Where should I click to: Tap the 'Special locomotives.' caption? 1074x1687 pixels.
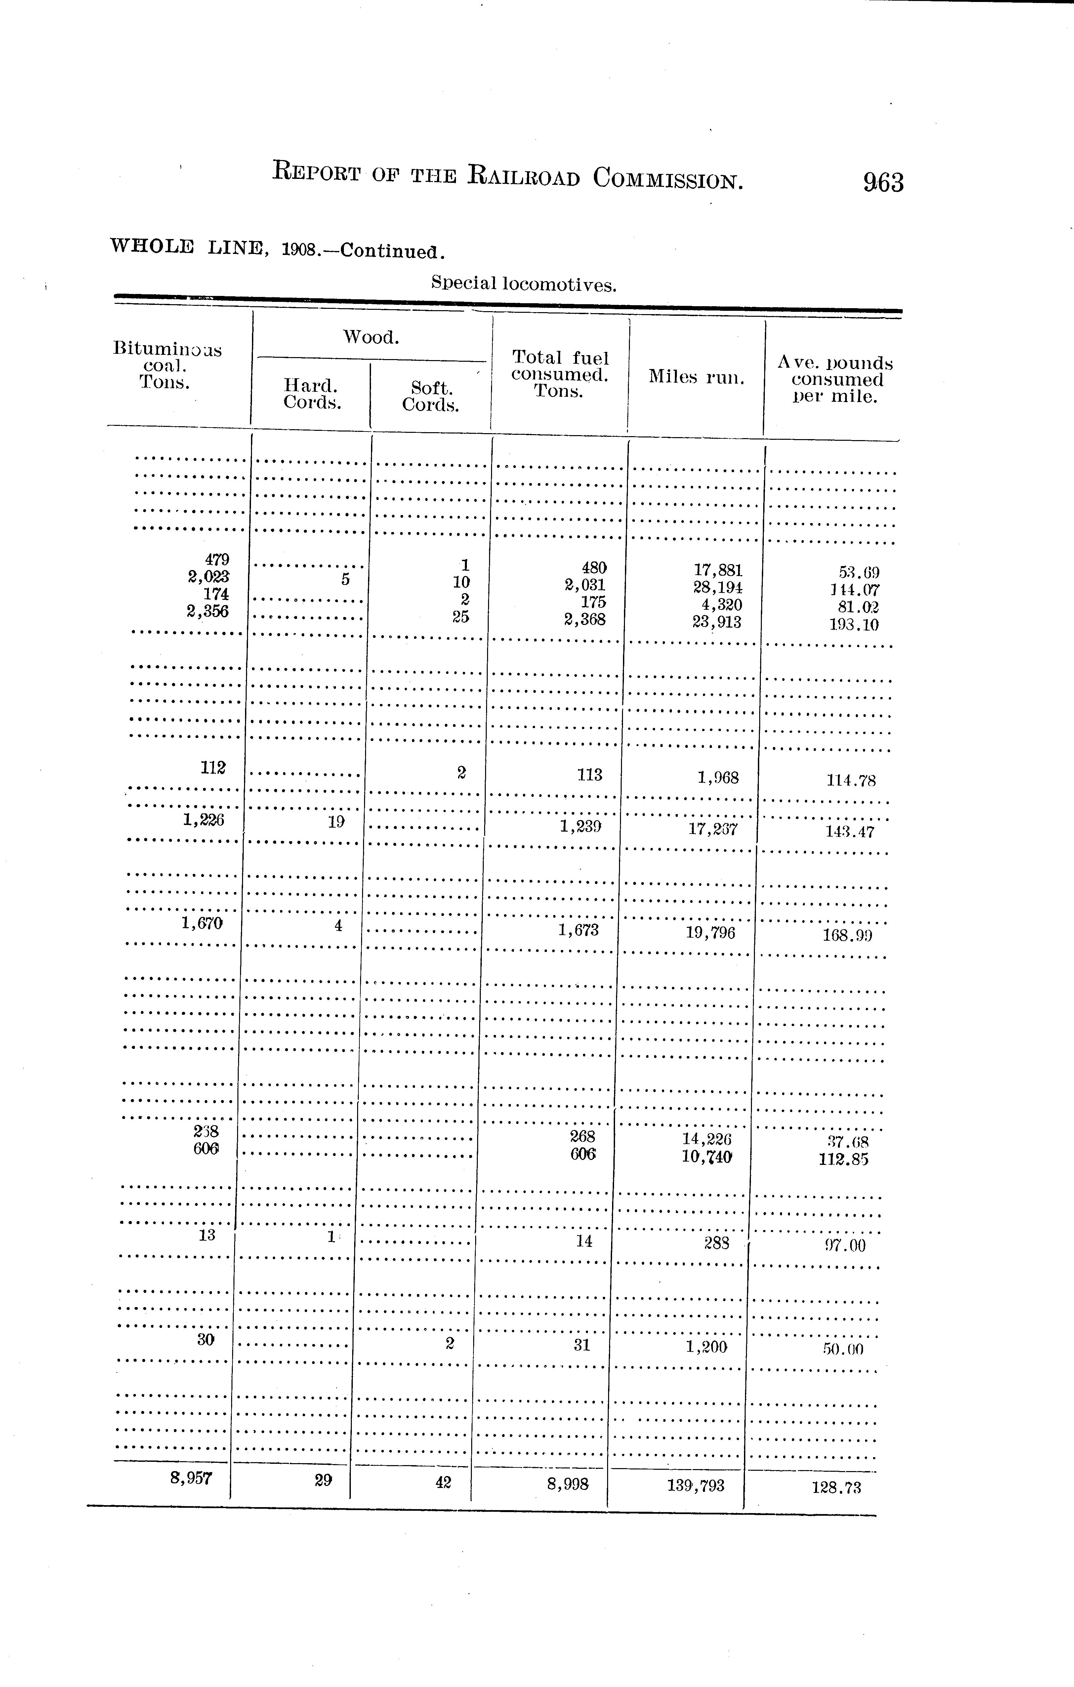[523, 284]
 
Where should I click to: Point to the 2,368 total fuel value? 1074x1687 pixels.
[584, 619]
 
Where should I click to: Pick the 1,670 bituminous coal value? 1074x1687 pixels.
[202, 924]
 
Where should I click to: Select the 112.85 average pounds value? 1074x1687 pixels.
[843, 1160]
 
